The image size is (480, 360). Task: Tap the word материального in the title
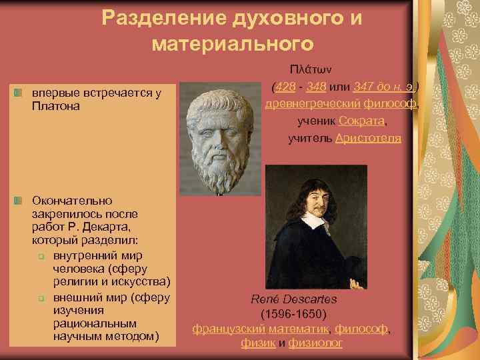232,44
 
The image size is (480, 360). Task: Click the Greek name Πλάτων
315,69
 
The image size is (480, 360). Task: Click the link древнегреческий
313,104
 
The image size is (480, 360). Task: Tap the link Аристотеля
368,138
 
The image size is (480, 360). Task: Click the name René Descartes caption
293,298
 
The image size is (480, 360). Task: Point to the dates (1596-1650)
293,313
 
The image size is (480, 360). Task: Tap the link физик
256,343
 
